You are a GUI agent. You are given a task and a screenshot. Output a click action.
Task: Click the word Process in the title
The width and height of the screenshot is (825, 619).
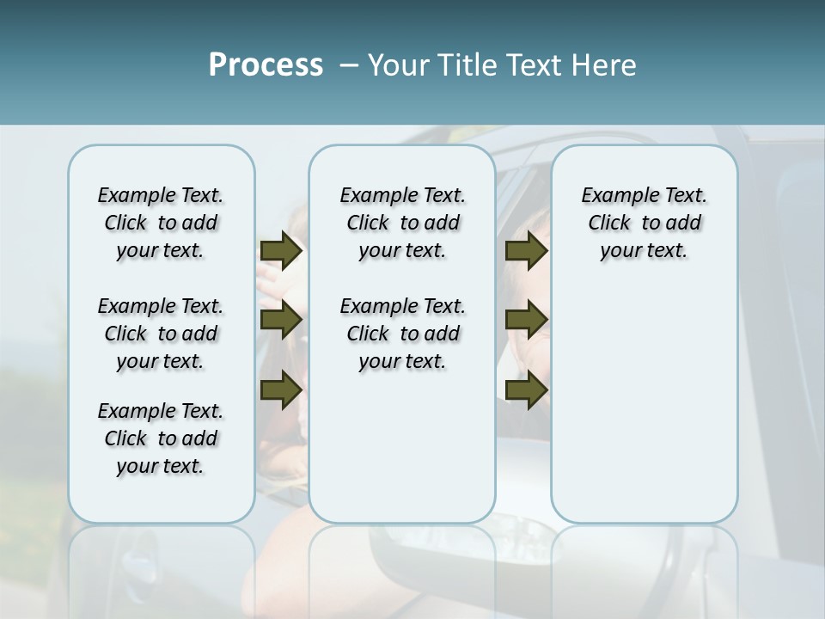pos(266,65)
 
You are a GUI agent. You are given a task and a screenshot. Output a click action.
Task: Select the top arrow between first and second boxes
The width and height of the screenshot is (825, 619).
pos(281,250)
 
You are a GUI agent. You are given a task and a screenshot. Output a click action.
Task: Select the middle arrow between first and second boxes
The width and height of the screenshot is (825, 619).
pos(281,320)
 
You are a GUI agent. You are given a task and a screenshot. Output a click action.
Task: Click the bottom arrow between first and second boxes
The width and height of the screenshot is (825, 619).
pos(281,389)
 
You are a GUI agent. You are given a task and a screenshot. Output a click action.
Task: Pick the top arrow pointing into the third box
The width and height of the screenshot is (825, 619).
pos(526,250)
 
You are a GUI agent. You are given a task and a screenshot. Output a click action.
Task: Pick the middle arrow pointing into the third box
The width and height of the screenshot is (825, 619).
pos(526,320)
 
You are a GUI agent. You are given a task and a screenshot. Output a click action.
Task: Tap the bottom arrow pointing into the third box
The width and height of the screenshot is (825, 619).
pos(526,389)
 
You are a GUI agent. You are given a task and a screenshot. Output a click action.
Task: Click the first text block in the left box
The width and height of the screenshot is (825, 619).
pos(161,223)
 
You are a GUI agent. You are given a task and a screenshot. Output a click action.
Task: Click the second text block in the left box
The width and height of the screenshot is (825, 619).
pos(161,334)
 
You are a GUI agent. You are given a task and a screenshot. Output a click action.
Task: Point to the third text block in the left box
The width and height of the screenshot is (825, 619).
pos(161,438)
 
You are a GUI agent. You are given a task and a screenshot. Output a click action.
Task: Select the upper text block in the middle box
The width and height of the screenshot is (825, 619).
pos(402,223)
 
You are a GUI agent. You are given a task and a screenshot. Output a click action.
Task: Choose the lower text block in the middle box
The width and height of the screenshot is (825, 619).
pos(402,334)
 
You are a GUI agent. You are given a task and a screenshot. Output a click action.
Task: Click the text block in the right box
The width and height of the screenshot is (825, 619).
pos(644,223)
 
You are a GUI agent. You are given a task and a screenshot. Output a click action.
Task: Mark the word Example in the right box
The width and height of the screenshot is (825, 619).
pos(612,196)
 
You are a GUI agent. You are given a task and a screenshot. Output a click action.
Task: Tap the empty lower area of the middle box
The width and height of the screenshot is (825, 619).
pos(402,447)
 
